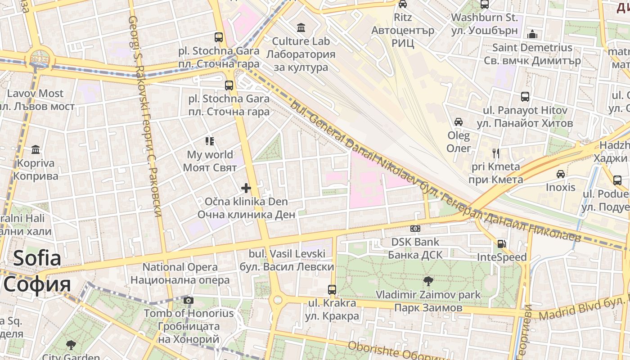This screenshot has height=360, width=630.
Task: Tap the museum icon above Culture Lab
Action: (301, 28)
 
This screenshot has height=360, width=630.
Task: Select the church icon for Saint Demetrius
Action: (532, 34)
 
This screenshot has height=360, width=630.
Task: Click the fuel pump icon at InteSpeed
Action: (501, 244)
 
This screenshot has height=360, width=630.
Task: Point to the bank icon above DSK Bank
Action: (415, 229)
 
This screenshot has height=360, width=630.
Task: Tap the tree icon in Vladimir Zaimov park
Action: (428, 281)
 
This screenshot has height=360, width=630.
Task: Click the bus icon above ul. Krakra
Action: (332, 290)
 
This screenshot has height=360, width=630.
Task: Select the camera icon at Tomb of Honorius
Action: (189, 300)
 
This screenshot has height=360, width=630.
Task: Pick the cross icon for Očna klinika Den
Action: (246, 188)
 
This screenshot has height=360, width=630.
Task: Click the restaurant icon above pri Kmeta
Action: (496, 153)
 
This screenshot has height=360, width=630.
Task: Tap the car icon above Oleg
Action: (459, 122)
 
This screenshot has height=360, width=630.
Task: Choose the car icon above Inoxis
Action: (561, 174)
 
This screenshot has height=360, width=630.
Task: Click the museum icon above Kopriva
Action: (36, 149)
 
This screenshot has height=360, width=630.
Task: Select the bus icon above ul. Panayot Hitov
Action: (525, 97)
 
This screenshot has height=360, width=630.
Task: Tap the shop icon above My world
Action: (210, 141)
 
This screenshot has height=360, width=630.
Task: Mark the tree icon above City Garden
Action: (71, 345)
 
